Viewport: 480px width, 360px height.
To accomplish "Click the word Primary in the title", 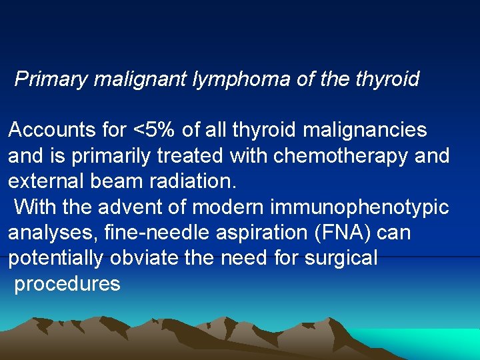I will pyautogui.click(x=51, y=79).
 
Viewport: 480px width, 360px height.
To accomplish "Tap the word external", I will pyautogui.click(x=44, y=181).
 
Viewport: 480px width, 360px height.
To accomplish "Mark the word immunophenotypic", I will pyautogui.click(x=359, y=207).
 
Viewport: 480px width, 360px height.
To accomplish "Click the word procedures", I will pyautogui.click(x=67, y=285).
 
